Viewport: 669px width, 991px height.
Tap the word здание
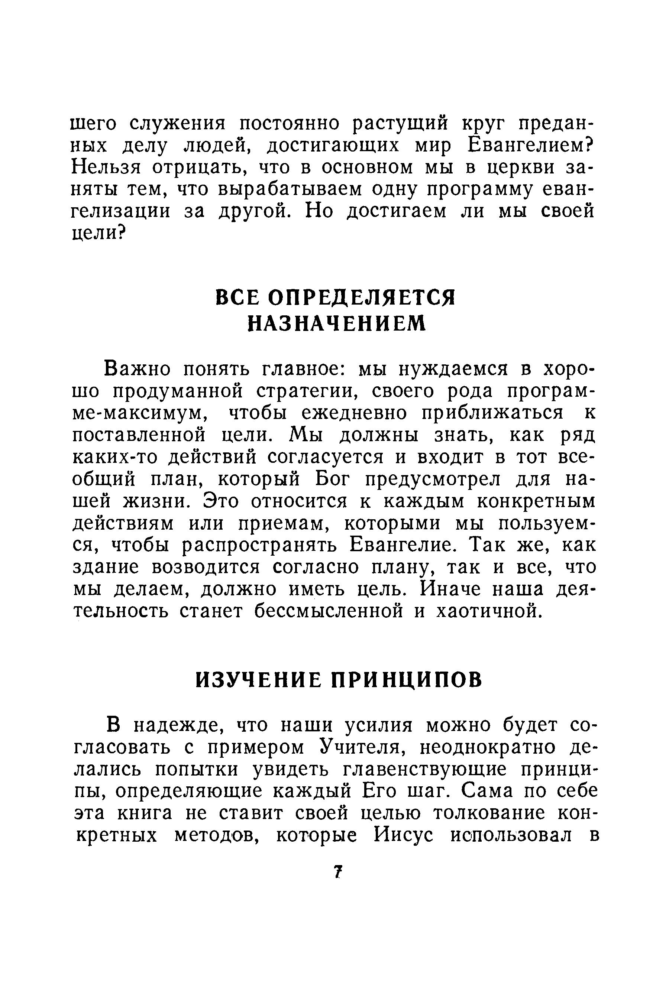tap(106, 568)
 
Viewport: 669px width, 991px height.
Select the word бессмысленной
tap(329, 612)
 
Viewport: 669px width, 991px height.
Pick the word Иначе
tap(450, 590)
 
